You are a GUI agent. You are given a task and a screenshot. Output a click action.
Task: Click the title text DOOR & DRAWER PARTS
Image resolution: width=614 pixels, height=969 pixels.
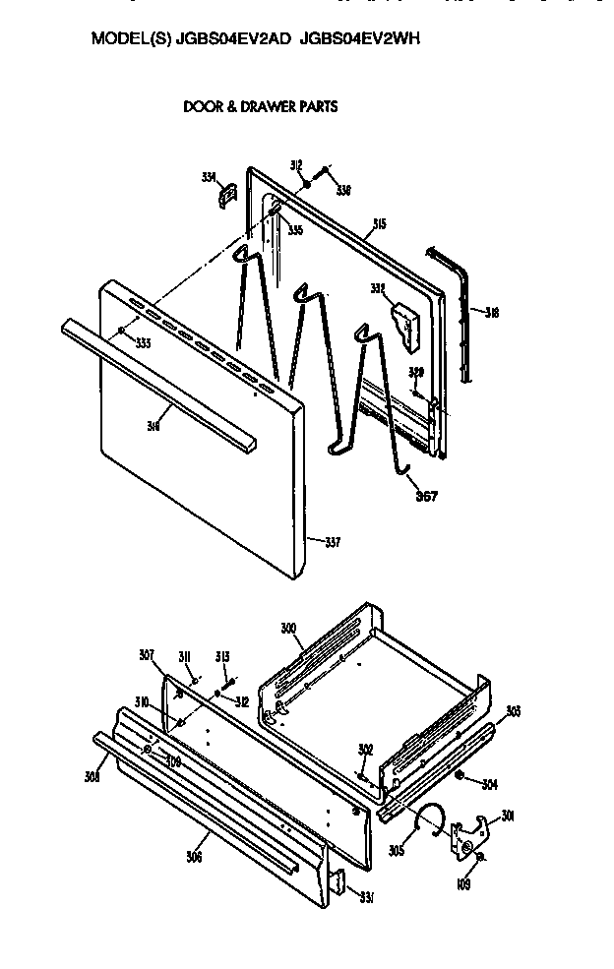tap(260, 106)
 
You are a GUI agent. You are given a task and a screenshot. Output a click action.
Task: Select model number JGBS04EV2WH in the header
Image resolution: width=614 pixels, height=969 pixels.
tap(361, 39)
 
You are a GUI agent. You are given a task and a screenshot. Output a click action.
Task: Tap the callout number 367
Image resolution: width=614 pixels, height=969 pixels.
tap(426, 496)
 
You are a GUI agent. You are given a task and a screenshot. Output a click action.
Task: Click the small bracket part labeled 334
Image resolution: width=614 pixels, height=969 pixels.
tap(225, 194)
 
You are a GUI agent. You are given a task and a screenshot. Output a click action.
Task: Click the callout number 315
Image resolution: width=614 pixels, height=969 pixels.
tap(379, 224)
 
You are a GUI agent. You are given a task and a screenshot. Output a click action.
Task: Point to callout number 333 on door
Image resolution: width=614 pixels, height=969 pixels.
tap(143, 343)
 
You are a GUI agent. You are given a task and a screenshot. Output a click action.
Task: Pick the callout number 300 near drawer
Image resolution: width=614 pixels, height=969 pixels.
tap(288, 628)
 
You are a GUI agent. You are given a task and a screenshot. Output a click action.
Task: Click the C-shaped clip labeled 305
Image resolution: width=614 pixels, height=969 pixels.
tap(430, 816)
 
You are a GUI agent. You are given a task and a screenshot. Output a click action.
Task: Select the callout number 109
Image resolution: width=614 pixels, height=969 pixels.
tap(464, 884)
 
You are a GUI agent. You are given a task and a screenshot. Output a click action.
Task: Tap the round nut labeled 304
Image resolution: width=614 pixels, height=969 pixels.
tap(460, 780)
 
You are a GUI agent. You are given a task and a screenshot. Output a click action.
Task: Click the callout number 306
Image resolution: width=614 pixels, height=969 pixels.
tap(194, 857)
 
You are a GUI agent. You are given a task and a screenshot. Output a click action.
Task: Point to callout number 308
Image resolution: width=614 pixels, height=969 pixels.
tap(92, 777)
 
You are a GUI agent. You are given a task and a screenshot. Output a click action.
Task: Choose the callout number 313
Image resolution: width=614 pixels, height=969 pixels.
tap(221, 658)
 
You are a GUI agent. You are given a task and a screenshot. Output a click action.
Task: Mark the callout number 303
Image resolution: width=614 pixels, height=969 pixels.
tap(513, 710)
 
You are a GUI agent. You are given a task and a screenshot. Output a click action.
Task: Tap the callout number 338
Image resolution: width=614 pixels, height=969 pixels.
tap(342, 190)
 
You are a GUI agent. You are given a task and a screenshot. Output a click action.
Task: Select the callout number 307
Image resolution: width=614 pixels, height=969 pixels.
tap(147, 655)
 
